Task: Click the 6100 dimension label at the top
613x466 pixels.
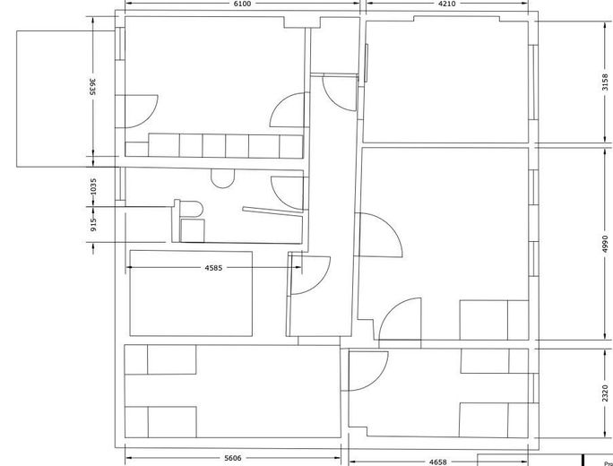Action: coord(242,4)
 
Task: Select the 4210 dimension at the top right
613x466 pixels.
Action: coord(448,4)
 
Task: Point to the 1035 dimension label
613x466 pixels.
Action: coord(93,187)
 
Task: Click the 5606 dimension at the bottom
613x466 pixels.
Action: coord(232,459)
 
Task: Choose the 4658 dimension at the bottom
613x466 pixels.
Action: coord(438,461)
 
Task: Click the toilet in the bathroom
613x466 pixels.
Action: coord(189,210)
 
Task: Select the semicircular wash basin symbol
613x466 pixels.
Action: coord(222,178)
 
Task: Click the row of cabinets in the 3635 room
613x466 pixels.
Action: coord(225,146)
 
